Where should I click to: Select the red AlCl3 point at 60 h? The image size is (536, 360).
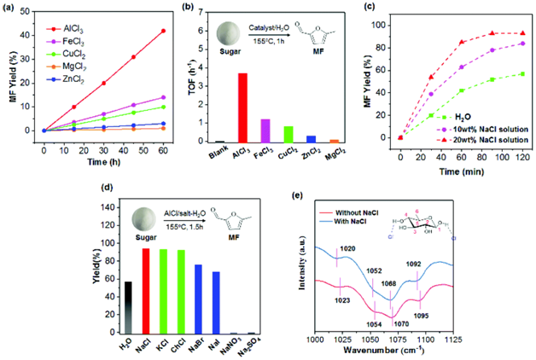pos(163,31)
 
